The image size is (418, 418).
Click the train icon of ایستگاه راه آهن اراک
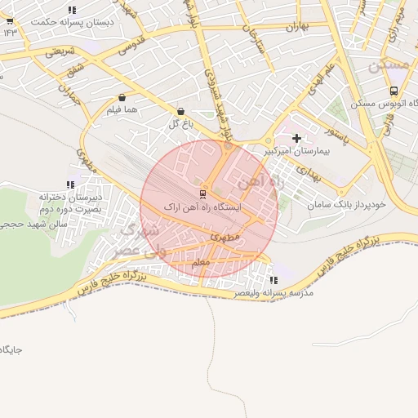[x=202, y=193]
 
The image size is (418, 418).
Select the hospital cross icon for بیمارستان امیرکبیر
[x=296, y=139]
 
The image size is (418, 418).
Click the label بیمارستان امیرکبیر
[x=296, y=152]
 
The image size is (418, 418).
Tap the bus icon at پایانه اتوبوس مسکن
[x=394, y=91]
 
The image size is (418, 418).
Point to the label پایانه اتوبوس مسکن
[x=385, y=104]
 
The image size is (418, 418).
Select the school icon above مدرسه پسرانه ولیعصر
[x=273, y=281]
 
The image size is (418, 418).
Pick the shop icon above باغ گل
[x=180, y=111]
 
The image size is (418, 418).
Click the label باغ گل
[x=180, y=124]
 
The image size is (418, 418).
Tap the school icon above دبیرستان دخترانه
[x=69, y=185]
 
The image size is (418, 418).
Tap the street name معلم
[x=201, y=263]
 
